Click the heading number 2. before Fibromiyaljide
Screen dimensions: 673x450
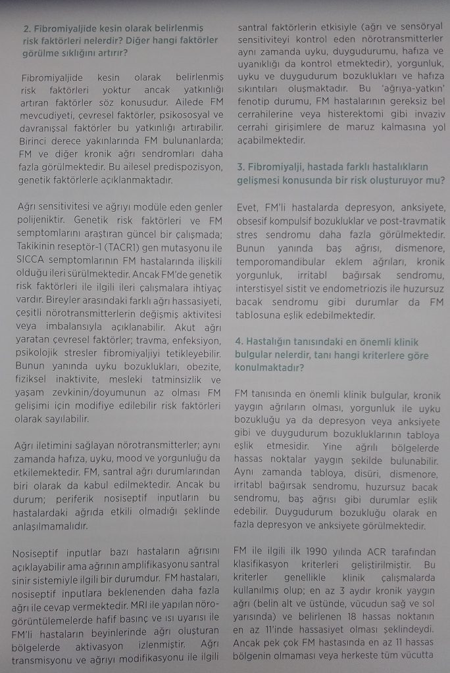27,28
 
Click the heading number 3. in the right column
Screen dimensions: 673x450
241,167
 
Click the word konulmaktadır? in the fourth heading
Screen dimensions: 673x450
269,368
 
